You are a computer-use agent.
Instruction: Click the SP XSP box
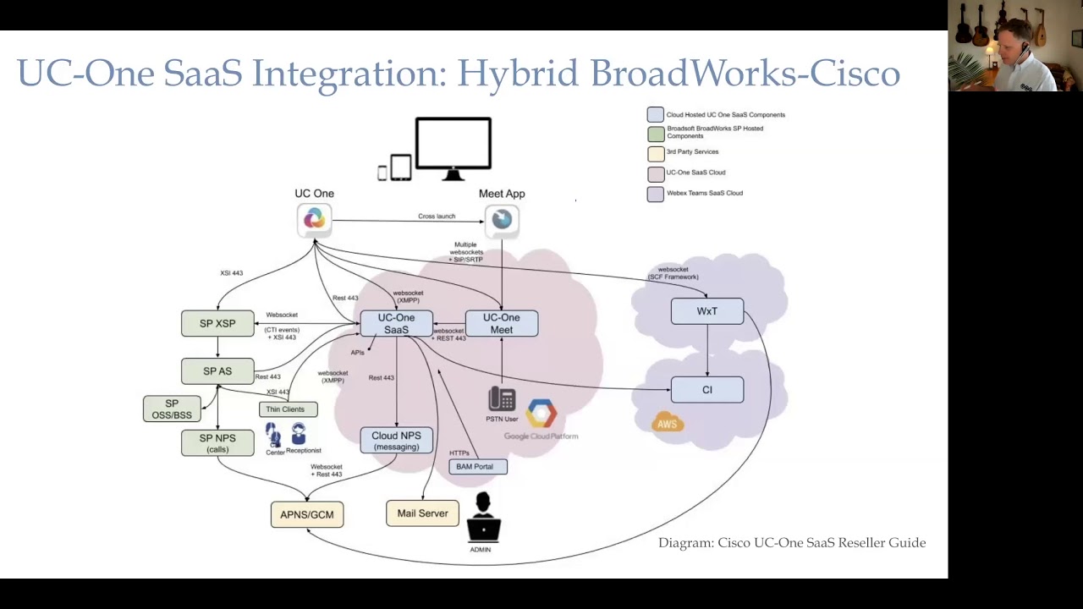[217, 323]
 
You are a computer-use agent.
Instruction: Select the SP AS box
[217, 371]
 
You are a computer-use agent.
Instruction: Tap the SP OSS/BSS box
[172, 409]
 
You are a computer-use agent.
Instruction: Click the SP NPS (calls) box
[217, 442]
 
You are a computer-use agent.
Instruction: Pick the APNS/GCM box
[307, 514]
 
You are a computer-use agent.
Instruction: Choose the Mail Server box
[422, 513]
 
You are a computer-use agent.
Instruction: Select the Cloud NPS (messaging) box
[396, 441]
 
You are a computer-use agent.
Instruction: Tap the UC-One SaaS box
[396, 323]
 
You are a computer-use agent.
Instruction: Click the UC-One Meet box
[502, 323]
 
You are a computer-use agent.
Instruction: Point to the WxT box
[707, 311]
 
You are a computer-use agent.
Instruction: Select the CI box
[707, 390]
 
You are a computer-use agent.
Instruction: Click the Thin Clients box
[288, 409]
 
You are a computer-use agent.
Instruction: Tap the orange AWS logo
[668, 423]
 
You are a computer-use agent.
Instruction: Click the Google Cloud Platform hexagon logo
[541, 414]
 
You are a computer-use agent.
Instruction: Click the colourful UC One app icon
[314, 220]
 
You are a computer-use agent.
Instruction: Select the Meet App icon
[502, 220]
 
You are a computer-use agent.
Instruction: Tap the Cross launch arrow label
[437, 217]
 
